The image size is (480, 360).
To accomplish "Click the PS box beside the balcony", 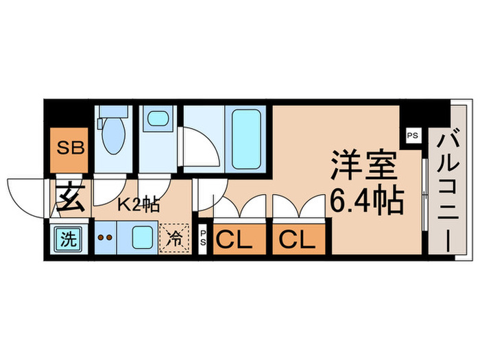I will [411, 135].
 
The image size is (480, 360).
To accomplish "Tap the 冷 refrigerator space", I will [173, 240].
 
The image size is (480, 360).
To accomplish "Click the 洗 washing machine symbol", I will [68, 240].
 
